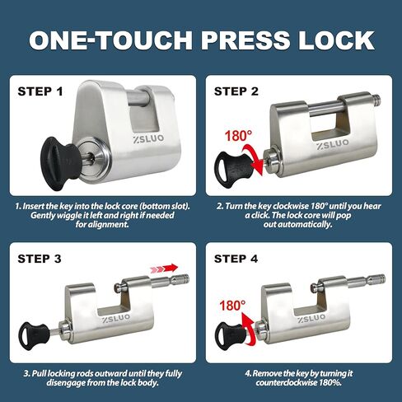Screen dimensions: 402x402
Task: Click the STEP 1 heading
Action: [40, 91]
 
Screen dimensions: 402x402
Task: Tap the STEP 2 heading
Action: [236, 91]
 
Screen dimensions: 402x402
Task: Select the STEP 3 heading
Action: [40, 259]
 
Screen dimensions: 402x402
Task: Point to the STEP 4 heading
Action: [236, 259]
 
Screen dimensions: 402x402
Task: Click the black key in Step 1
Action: [61, 164]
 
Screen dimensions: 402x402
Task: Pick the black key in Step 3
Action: [34, 335]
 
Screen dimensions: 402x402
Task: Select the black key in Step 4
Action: [231, 334]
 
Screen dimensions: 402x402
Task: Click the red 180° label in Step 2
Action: [238, 136]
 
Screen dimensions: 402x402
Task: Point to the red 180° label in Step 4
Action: [232, 306]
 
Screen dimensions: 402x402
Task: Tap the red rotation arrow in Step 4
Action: [249, 330]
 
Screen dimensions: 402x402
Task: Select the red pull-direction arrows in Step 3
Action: [164, 268]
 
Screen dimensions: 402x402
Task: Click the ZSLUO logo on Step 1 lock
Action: [148, 138]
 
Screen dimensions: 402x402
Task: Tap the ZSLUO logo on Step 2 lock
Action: [333, 145]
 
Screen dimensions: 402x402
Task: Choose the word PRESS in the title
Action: [245, 40]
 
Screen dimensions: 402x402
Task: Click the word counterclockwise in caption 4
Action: [287, 382]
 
